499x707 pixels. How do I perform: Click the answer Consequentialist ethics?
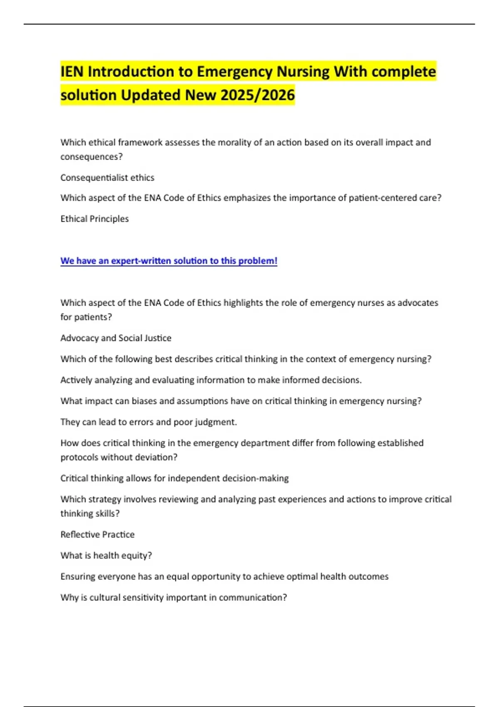(x=107, y=178)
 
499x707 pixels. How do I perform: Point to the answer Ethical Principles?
(x=94, y=219)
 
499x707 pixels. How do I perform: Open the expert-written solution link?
(x=168, y=261)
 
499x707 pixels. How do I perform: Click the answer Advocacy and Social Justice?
(x=116, y=338)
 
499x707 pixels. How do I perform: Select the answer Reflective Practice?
(x=97, y=534)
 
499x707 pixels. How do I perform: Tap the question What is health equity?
(x=106, y=556)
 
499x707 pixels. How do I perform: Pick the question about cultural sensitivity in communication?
(x=173, y=598)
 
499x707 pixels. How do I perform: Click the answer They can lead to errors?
(x=148, y=422)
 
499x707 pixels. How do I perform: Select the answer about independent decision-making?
(x=174, y=478)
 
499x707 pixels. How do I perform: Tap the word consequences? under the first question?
(x=91, y=157)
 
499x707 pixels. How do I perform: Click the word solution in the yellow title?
(x=88, y=95)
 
